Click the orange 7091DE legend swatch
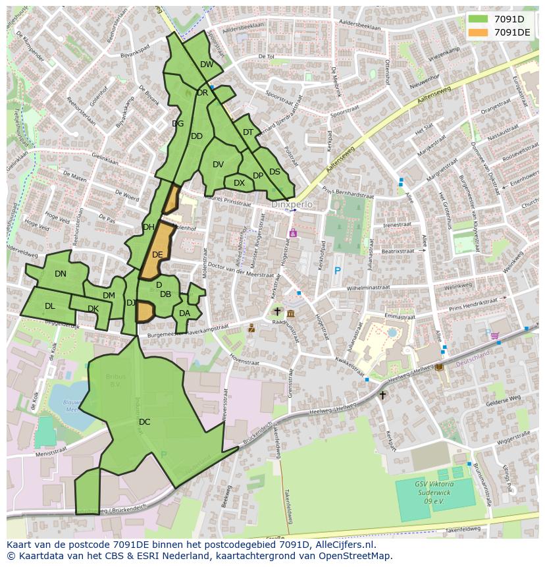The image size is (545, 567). tap(479, 32)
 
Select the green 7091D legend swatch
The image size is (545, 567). tap(479, 19)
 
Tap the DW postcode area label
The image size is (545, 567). tap(207, 65)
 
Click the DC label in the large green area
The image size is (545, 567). tap(145, 421)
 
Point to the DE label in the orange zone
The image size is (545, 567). tap(157, 254)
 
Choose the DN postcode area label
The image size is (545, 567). tap(61, 274)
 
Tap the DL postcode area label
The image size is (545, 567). tap(50, 306)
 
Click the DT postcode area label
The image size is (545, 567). tap(248, 132)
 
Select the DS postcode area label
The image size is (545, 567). tap(274, 172)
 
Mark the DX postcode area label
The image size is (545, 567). tap(239, 183)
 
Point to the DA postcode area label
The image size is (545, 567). tap(184, 313)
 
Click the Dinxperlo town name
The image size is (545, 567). tap(292, 205)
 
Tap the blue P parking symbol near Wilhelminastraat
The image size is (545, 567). tap(338, 271)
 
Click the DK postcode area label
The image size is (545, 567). tap(93, 309)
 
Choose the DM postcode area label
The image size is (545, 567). tap(109, 296)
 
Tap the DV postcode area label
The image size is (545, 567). tap(218, 165)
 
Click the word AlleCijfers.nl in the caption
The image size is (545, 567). tap(344, 545)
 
